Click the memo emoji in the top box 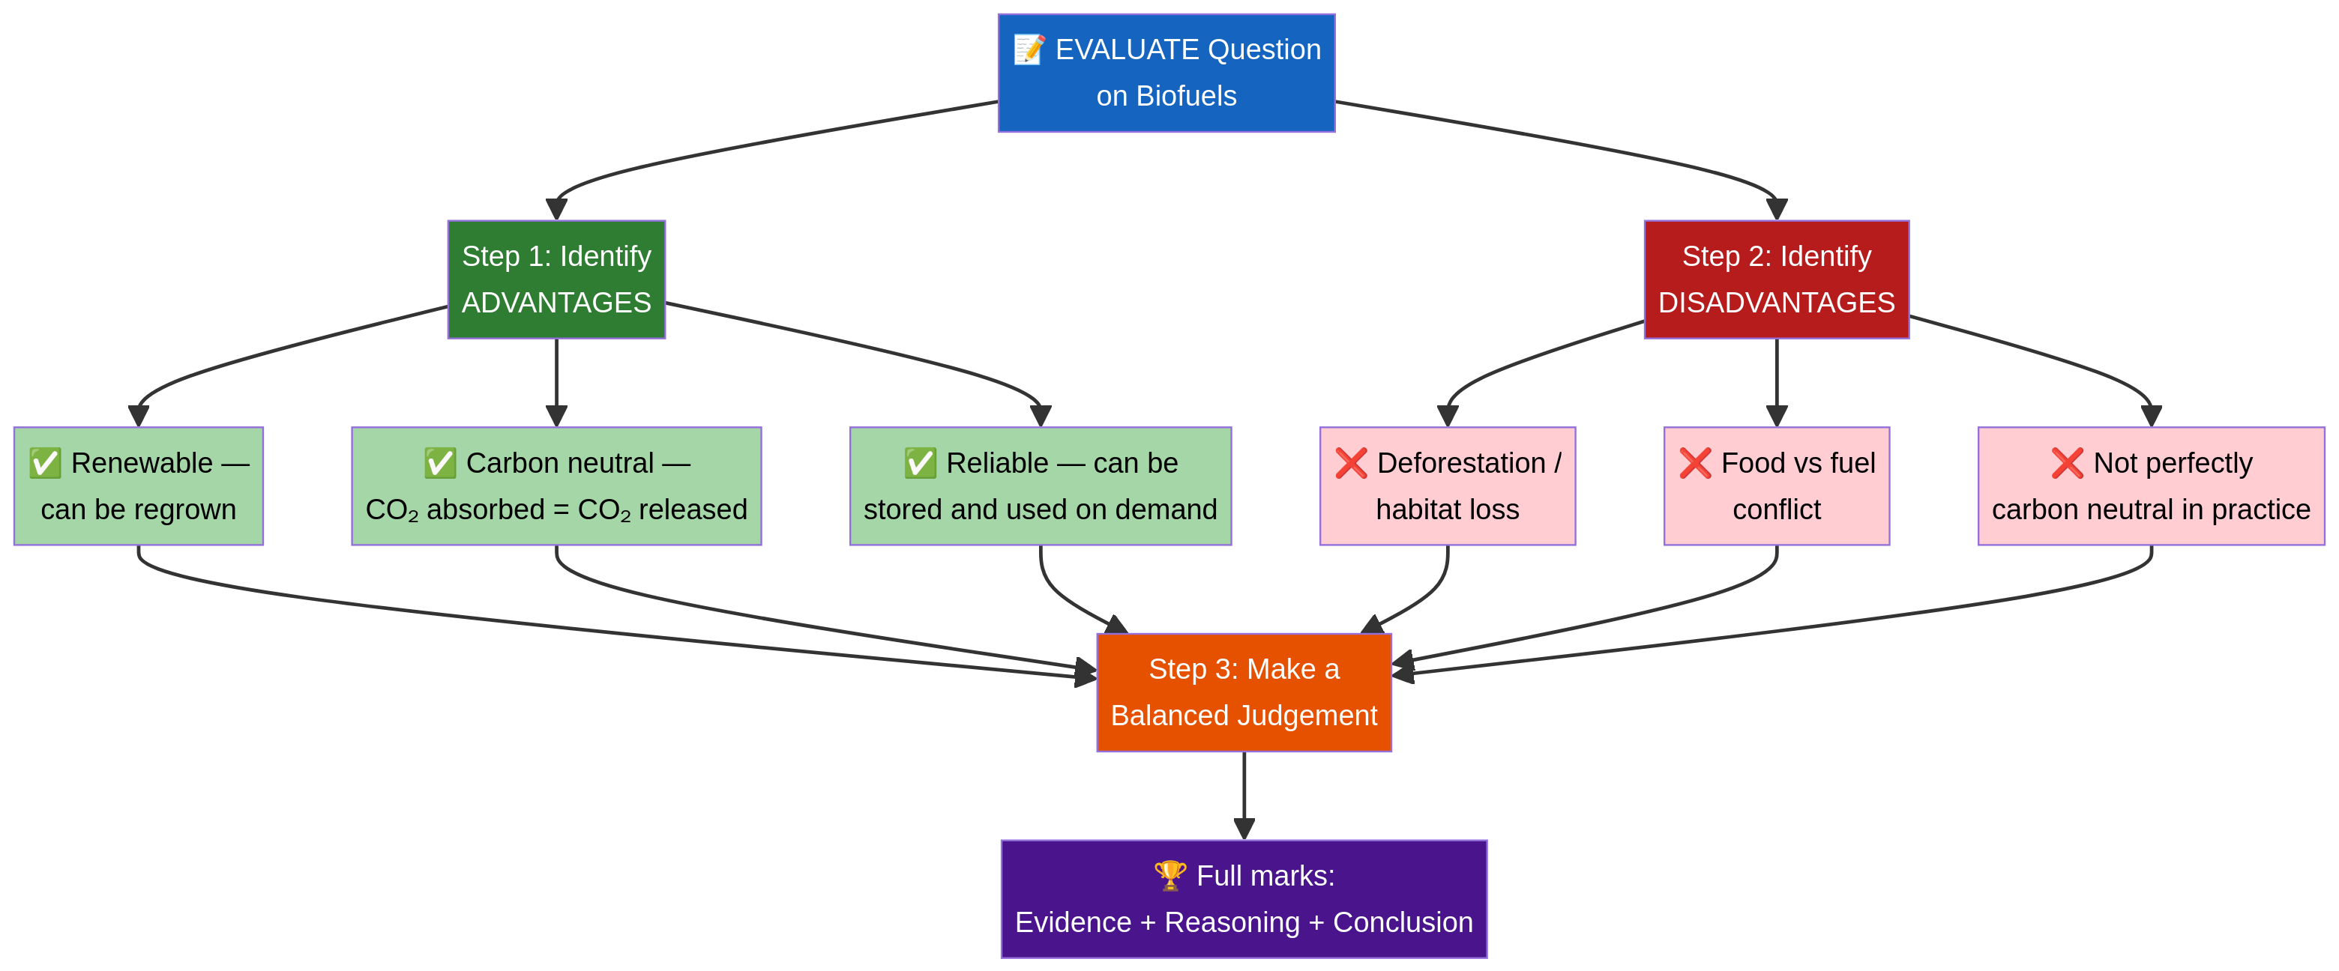[x=1029, y=49]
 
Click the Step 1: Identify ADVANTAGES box [x=556, y=279]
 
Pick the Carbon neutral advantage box [x=556, y=486]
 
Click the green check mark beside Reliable [x=920, y=463]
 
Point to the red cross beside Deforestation [x=1350, y=463]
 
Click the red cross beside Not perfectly [x=2067, y=463]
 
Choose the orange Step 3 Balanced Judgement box [x=1243, y=692]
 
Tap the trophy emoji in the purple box [x=1169, y=875]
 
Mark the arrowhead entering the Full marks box [x=1243, y=829]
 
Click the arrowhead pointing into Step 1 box [x=556, y=209]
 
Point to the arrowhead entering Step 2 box [x=1776, y=209]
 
